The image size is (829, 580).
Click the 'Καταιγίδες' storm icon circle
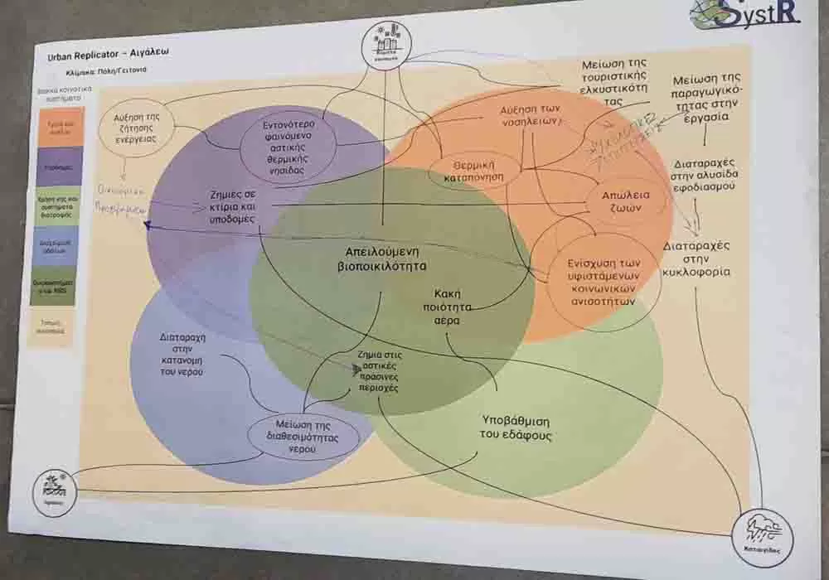[x=764, y=536]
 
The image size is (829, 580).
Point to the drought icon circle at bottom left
[x=56, y=491]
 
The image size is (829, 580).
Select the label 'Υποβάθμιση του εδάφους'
[x=514, y=428]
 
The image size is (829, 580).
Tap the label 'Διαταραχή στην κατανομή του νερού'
[x=182, y=355]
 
